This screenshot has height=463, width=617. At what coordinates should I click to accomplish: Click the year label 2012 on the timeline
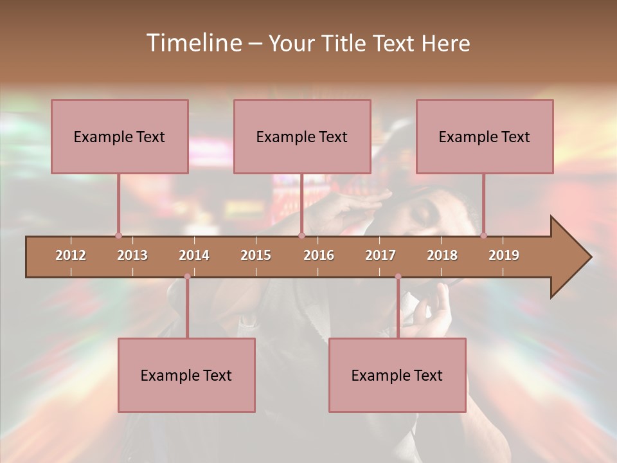tap(71, 255)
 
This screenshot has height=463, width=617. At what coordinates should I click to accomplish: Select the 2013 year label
tap(132, 255)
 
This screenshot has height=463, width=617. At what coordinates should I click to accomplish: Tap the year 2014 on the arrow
tap(194, 255)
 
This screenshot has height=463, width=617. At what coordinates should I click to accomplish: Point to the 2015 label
tap(256, 255)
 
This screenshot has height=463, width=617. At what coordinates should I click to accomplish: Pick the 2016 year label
tap(319, 255)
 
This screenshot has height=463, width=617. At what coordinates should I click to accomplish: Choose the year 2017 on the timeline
tap(380, 255)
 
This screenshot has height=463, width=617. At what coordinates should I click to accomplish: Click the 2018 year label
tap(442, 255)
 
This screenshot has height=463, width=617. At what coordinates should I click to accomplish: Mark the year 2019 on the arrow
tap(504, 255)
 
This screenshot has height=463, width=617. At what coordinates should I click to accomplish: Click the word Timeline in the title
tap(193, 43)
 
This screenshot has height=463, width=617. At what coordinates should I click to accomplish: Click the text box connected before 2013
tap(120, 136)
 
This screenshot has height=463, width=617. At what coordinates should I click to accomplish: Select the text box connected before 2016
tap(302, 136)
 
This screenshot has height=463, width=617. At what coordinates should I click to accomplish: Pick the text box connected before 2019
tap(485, 136)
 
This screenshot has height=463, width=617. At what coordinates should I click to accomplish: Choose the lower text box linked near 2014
tap(186, 375)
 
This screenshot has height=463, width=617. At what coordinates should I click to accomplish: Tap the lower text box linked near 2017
tap(397, 375)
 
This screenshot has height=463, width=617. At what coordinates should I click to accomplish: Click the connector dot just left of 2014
tap(187, 277)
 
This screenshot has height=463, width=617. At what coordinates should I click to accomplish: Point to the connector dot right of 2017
tap(398, 277)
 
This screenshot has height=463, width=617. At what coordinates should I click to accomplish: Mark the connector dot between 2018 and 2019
tap(483, 235)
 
